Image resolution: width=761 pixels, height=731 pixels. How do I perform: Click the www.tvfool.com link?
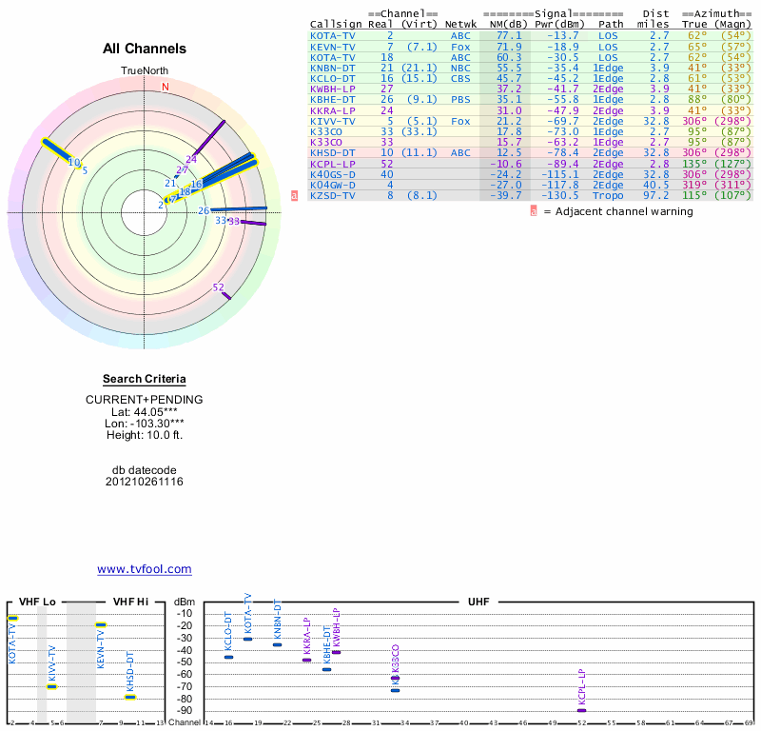[x=145, y=569]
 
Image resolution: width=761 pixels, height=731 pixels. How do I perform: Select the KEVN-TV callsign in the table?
[x=333, y=46]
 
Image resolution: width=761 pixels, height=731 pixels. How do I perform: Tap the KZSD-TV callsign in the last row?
[x=333, y=195]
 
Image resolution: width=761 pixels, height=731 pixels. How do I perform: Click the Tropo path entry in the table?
[x=609, y=195]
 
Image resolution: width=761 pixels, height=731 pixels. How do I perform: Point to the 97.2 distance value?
[x=659, y=195]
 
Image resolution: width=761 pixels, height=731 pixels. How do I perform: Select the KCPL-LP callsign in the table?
[x=333, y=163]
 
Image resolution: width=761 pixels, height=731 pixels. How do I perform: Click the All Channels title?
[x=145, y=49]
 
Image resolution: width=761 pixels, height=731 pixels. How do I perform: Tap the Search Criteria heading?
[x=145, y=379]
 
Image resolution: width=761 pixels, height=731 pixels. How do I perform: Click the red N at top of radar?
[x=166, y=87]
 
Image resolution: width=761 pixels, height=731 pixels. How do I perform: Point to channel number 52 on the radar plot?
[x=219, y=286]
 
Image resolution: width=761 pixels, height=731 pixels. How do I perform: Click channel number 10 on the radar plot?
[x=74, y=162]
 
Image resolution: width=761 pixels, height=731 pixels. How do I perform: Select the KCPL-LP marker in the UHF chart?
[x=581, y=710]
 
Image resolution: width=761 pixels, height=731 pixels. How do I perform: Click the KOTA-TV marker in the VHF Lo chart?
[x=13, y=619]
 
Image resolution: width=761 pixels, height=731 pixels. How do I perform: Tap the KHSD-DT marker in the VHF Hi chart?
[x=130, y=697]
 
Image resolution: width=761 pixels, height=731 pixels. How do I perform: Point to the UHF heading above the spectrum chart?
[x=478, y=602]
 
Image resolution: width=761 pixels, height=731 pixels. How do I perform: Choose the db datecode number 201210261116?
[x=145, y=482]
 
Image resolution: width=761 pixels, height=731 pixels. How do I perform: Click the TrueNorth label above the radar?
[x=145, y=71]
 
